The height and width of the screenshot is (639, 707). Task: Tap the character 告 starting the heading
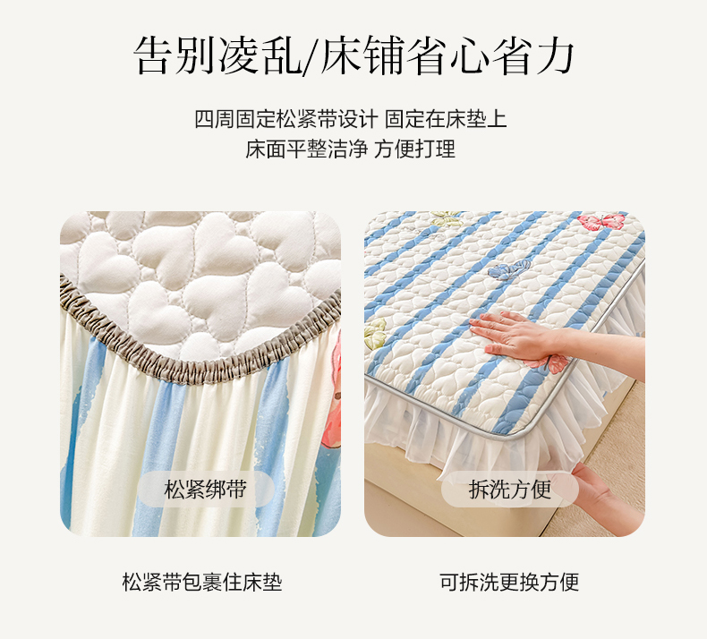pyautogui.click(x=153, y=55)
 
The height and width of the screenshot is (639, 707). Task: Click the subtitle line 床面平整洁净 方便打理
pyautogui.click(x=350, y=149)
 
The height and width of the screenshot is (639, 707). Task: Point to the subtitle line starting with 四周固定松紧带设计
pyautogui.click(x=350, y=119)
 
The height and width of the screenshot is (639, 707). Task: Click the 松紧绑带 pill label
pyautogui.click(x=206, y=490)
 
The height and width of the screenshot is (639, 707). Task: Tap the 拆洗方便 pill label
pyautogui.click(x=510, y=490)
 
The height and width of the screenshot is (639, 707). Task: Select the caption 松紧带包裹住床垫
pyautogui.click(x=202, y=583)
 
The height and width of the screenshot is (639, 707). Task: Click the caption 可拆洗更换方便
pyautogui.click(x=509, y=583)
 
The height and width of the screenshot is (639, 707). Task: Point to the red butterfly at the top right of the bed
pyautogui.click(x=602, y=222)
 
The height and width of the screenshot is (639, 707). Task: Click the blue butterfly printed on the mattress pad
pyautogui.click(x=509, y=269)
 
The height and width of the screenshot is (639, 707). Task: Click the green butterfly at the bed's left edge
pyautogui.click(x=375, y=333)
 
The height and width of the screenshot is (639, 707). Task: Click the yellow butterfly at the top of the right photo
pyautogui.click(x=447, y=217)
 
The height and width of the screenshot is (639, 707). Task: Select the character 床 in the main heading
pyautogui.click(x=339, y=55)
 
